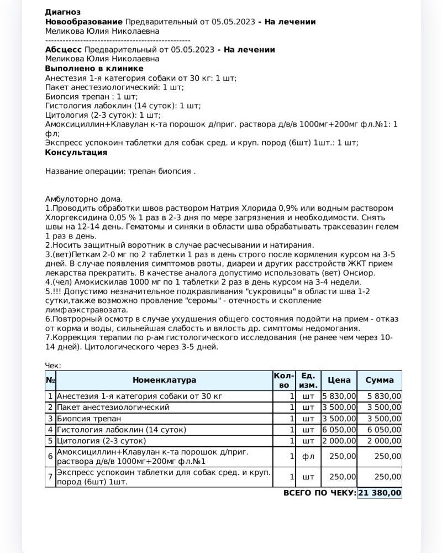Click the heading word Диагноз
(62, 12)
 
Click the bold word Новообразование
(84, 22)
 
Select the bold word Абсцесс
(63, 50)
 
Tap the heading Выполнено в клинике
(94, 69)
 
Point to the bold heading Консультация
(76, 152)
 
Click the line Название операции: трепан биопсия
(120, 171)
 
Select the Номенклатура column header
(164, 380)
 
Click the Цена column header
(339, 380)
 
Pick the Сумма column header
(379, 380)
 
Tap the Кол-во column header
(284, 380)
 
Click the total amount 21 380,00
(380, 493)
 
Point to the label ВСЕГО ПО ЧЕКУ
(319, 493)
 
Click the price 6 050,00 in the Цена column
(339, 429)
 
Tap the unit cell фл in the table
(308, 457)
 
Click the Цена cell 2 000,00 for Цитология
(339, 441)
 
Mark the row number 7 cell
(50, 477)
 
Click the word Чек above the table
(52, 366)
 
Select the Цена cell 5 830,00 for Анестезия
(339, 396)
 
